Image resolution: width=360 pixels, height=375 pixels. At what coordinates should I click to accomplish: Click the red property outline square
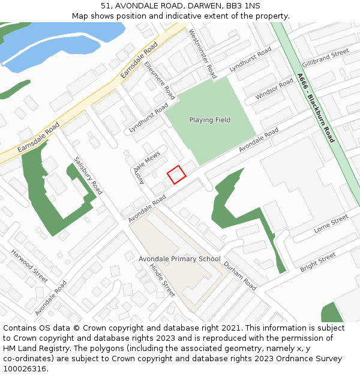point(176,175)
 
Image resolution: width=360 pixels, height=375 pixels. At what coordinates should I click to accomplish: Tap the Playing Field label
point(209,120)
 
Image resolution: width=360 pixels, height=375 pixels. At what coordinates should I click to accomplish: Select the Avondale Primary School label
point(179,259)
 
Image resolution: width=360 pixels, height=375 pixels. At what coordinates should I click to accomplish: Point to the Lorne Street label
point(331,224)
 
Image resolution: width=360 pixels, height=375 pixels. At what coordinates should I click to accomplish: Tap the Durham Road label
point(239,276)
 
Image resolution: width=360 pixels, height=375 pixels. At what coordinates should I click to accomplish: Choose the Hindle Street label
point(162,280)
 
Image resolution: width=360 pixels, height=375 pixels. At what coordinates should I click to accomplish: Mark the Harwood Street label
point(29,266)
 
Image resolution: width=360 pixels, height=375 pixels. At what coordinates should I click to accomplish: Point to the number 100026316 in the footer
point(25,369)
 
